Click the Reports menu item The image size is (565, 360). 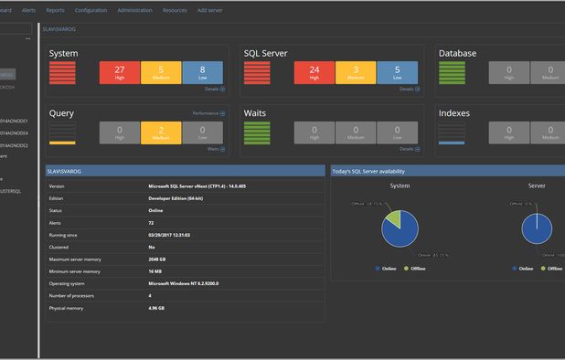tap(55, 10)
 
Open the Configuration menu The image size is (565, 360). tap(90, 10)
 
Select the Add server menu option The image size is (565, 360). tap(209, 10)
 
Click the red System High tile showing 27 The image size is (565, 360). tap(120, 72)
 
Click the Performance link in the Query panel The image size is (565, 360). tap(208, 113)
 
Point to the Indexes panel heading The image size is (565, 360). tap(458, 113)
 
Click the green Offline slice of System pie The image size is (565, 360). tap(392, 219)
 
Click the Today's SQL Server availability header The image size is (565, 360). tap(368, 171)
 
